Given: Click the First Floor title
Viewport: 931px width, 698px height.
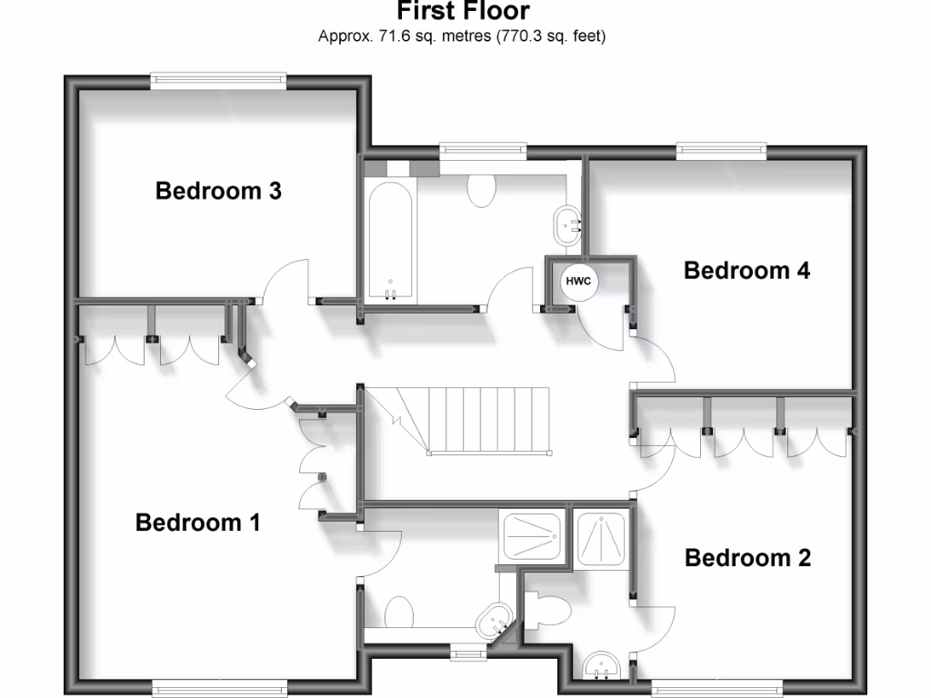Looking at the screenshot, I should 464,11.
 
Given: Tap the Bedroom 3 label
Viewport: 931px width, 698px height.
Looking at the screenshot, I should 218,191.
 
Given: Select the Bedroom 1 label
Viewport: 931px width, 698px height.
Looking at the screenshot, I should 197,523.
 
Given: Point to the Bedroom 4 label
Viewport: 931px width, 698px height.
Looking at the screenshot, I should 746,270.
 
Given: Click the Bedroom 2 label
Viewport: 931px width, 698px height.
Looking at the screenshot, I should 747,557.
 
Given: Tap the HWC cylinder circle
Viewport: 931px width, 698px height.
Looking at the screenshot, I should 578,282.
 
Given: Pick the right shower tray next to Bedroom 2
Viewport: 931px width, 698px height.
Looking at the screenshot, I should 601,539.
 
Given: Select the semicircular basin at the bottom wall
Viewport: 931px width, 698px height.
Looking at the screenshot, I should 601,666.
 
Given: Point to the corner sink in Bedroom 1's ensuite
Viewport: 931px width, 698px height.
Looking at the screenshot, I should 495,621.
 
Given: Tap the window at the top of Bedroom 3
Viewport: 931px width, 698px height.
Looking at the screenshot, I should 218,80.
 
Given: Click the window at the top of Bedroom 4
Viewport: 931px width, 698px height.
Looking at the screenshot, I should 721,149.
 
